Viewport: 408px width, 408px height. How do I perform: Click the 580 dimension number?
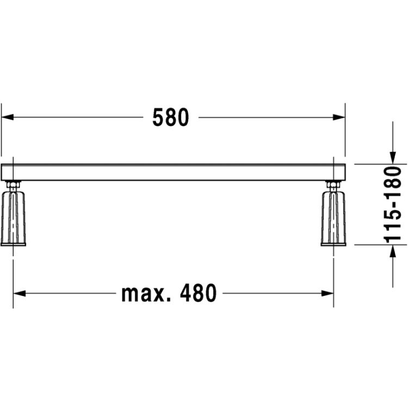[x=170, y=118]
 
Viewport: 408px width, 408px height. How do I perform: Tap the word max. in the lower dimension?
[x=146, y=294]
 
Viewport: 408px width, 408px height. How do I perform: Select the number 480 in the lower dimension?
[x=198, y=293]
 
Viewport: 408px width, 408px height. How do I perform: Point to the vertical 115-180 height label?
[x=393, y=205]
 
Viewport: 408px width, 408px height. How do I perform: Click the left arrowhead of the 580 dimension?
[x=7, y=117]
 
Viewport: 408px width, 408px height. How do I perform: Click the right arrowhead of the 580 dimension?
[x=339, y=118]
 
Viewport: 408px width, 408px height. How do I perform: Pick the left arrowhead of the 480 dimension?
[x=20, y=294]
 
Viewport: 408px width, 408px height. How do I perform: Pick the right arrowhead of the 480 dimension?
[x=327, y=294]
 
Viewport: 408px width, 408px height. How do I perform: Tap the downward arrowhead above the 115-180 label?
[x=393, y=158]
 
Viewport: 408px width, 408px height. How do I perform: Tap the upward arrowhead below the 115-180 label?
[x=393, y=251]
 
